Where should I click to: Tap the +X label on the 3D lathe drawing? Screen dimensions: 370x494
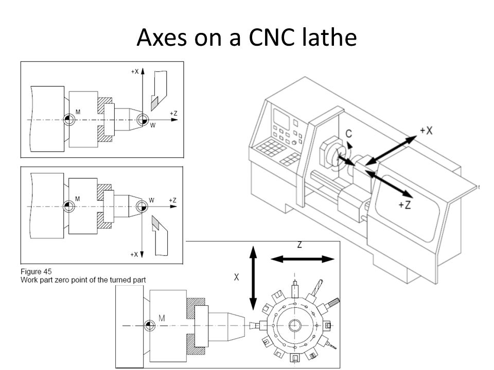426,131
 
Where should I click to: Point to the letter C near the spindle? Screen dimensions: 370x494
349,134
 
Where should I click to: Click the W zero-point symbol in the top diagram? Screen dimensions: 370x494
142,119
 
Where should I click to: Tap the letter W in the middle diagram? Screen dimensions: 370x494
151,199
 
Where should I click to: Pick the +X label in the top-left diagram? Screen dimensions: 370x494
135,72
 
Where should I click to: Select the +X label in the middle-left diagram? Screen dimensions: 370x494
135,254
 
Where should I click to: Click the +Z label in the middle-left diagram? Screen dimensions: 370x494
173,200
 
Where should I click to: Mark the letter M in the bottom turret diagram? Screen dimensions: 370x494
162,319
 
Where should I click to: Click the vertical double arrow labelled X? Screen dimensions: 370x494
253,277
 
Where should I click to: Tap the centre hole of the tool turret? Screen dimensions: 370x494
296,325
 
